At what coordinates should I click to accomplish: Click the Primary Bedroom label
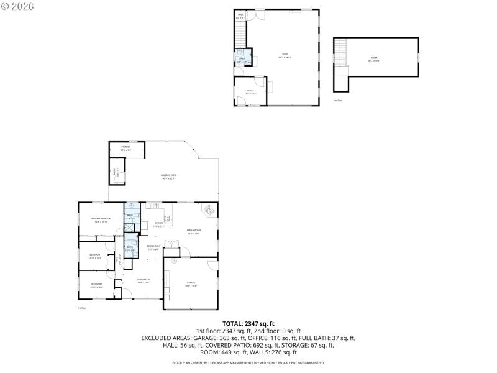coord(101,219)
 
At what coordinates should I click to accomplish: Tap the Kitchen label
coord(158,224)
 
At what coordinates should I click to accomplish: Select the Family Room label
coord(194,231)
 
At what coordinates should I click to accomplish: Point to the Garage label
coord(191,284)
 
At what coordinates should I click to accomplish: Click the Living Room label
coord(144,280)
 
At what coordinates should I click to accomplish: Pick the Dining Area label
coord(153,247)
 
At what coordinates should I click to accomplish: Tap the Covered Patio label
coord(169,176)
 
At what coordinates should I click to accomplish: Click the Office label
coord(250,91)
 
